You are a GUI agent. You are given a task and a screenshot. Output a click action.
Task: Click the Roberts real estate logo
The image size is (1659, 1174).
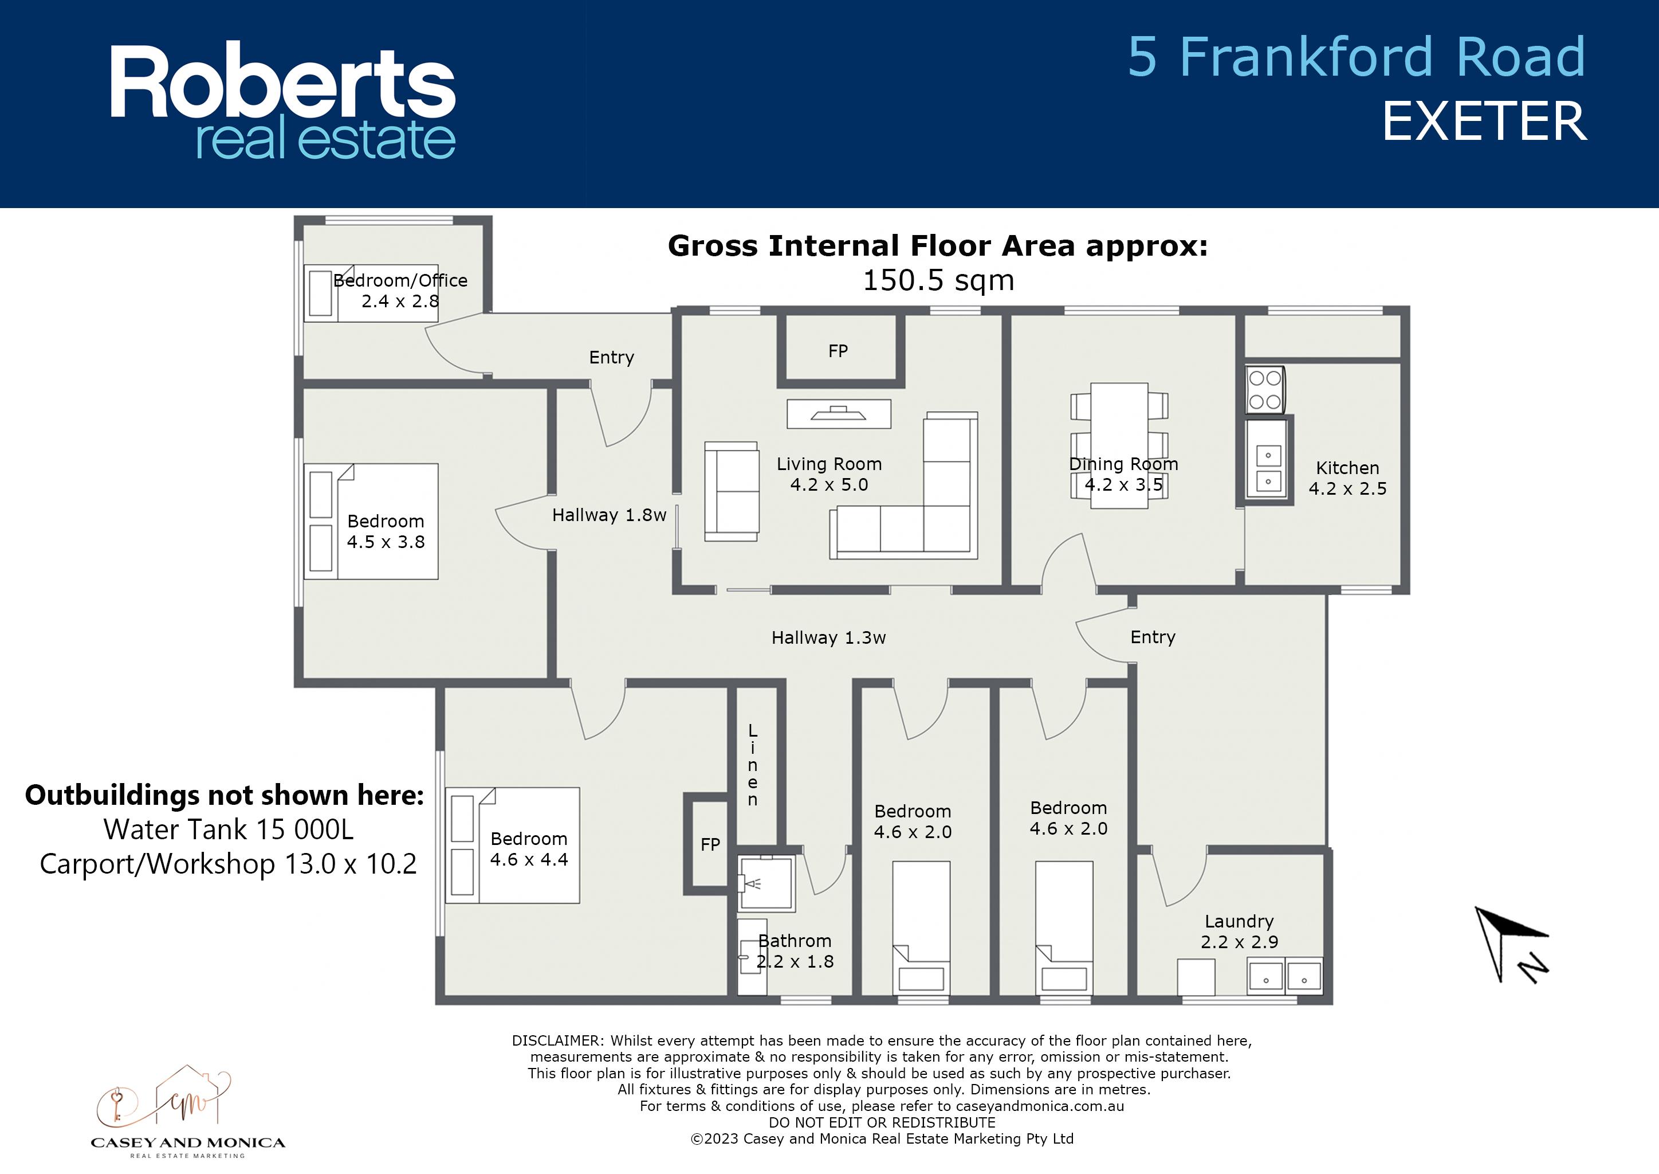tap(282, 101)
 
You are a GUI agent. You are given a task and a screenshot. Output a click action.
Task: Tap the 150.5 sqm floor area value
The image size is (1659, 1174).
tap(938, 280)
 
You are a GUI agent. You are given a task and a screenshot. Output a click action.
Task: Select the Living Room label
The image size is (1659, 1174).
tap(830, 474)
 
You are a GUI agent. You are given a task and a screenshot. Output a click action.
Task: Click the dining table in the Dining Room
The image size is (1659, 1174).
tap(1119, 445)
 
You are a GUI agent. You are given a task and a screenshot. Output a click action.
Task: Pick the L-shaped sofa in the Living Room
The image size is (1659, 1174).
tap(904, 486)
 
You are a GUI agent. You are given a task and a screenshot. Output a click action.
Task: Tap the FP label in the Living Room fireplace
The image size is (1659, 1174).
tap(838, 351)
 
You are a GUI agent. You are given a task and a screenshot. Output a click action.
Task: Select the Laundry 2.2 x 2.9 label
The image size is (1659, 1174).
tap(1239, 931)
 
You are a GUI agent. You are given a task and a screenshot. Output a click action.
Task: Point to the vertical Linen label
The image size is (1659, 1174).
tap(753, 765)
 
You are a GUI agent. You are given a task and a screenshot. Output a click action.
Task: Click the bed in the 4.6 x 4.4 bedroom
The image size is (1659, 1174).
tap(513, 845)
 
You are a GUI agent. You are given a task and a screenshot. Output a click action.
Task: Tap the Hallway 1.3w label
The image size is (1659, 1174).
tap(829, 637)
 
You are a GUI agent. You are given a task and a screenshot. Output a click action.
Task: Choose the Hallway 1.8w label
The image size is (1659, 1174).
tap(609, 515)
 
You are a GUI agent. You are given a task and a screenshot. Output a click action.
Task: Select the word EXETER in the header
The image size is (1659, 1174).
tap(1485, 122)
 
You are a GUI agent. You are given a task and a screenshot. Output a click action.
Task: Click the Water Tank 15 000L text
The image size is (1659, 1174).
tap(229, 829)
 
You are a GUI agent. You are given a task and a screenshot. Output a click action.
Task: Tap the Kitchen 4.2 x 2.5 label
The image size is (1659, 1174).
tap(1347, 478)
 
